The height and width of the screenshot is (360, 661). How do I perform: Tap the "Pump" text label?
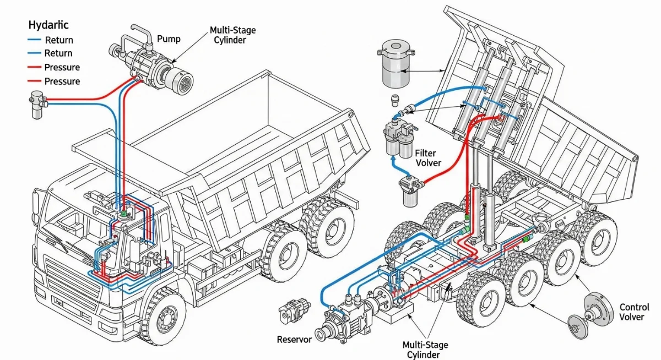click(169, 39)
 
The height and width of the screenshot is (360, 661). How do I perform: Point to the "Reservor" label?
click(294, 339)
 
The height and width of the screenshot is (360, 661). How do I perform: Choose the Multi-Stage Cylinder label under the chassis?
click(425, 350)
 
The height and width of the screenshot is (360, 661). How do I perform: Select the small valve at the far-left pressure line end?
click(37, 103)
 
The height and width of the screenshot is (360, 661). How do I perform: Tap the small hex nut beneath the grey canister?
click(394, 100)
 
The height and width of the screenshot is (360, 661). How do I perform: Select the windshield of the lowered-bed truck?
click(66, 220)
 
